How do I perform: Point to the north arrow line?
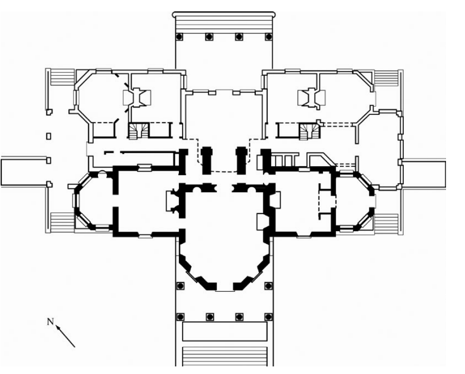(x=67, y=337)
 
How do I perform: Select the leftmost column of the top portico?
(x=180, y=36)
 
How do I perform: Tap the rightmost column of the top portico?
(x=269, y=36)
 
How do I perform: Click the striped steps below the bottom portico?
(x=224, y=356)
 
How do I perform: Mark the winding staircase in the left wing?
(x=138, y=131)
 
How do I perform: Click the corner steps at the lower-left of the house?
(x=61, y=223)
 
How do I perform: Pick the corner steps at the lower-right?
(x=386, y=223)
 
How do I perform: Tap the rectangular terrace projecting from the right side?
(x=424, y=174)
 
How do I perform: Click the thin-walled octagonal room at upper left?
(x=98, y=98)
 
